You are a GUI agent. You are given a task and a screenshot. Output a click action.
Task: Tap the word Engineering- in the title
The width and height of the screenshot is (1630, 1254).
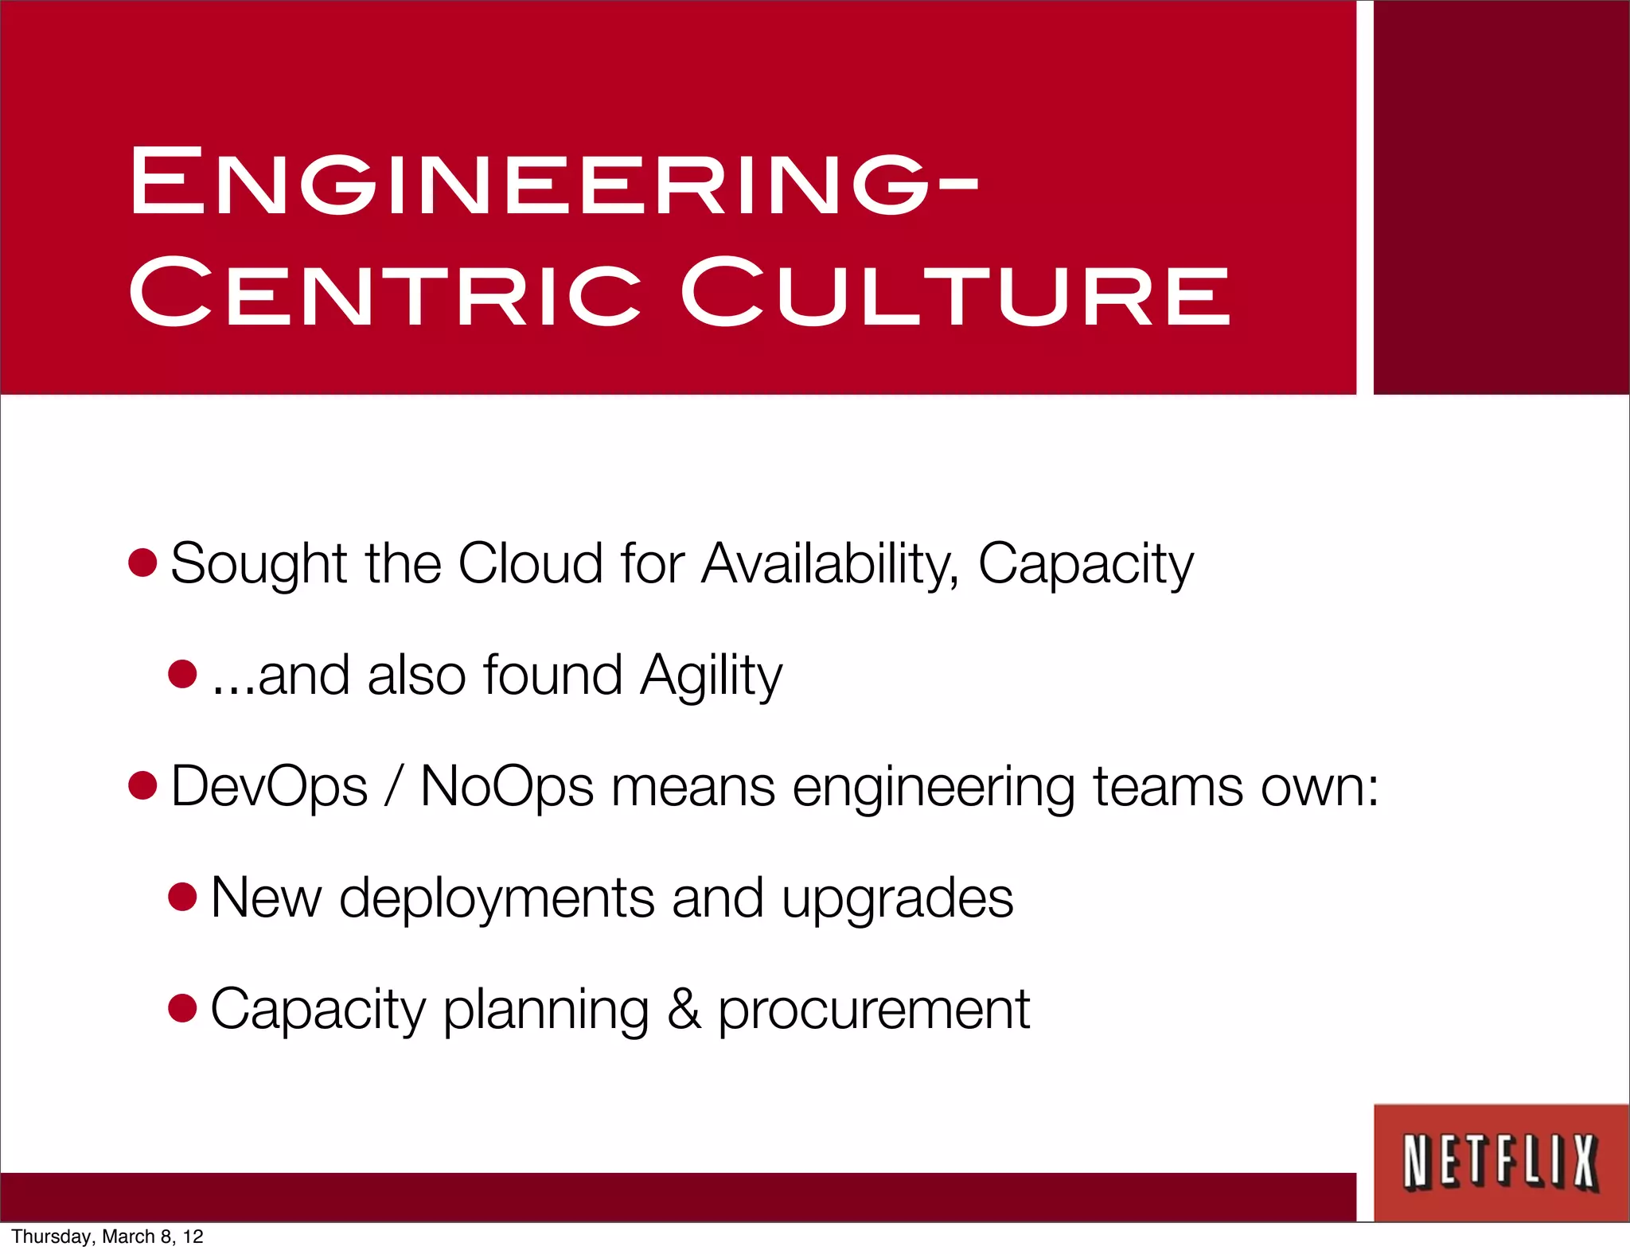(554, 181)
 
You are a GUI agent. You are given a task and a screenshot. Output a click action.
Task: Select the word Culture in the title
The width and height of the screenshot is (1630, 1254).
(955, 292)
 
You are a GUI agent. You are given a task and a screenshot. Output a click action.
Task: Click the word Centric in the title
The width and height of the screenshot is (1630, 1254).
(385, 292)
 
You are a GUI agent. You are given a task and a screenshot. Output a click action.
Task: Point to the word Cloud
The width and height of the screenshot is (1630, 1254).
(530, 563)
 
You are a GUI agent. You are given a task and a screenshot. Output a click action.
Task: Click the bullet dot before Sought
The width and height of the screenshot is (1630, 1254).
(142, 563)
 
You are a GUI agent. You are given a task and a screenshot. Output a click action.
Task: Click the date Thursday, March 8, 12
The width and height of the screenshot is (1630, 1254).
(107, 1236)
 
